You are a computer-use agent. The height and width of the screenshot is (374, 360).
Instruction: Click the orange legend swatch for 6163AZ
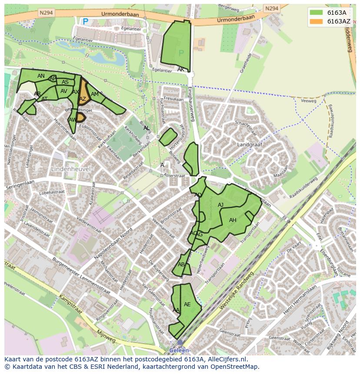click(317, 21)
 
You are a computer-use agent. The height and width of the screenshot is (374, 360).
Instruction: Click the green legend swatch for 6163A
click(317, 12)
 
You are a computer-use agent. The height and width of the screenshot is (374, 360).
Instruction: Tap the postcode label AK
click(181, 70)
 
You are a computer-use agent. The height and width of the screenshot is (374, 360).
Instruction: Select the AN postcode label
click(41, 76)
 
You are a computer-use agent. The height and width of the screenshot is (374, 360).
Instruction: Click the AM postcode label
click(95, 94)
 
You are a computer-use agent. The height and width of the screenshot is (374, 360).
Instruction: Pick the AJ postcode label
click(220, 205)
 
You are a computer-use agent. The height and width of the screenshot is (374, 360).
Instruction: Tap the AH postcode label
click(233, 220)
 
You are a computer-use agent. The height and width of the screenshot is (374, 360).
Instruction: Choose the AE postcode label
click(187, 304)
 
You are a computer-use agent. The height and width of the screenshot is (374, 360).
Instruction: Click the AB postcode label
click(181, 265)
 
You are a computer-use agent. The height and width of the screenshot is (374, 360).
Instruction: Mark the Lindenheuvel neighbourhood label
click(70, 168)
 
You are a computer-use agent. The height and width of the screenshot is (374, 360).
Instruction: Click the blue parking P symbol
click(86, 21)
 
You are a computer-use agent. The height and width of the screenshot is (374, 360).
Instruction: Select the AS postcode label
click(65, 82)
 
